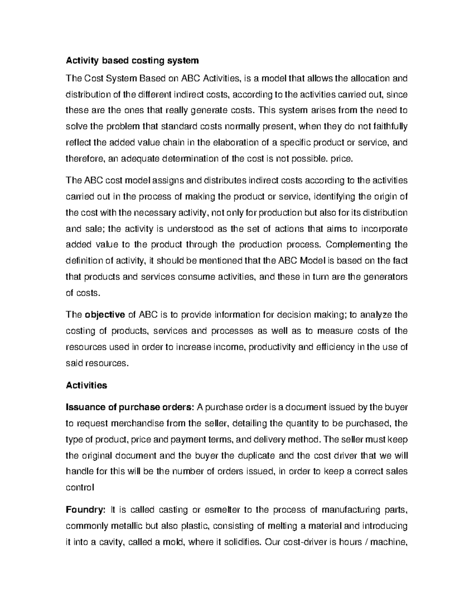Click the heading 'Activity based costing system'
pyautogui.click(x=132, y=61)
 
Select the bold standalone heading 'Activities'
pyautogui.click(x=86, y=385)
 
